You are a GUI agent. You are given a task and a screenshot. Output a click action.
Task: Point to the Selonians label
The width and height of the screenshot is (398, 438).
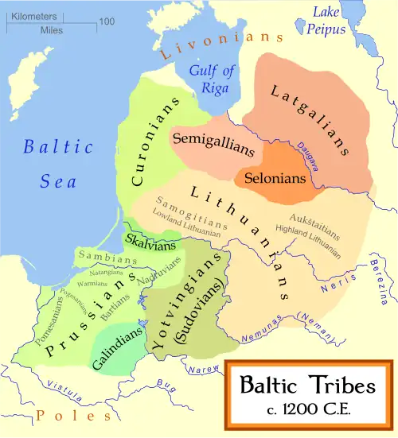pos(275,177)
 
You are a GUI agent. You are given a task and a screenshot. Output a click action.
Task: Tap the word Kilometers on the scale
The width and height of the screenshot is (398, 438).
pos(34,15)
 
